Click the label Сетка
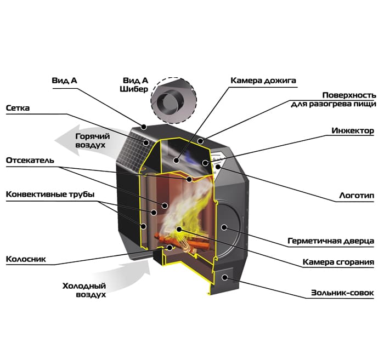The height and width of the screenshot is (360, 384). click(18, 108)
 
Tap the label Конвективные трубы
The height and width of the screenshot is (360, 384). click(50, 195)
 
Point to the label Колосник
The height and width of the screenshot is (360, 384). click(24, 258)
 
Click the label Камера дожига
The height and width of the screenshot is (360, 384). click(263, 81)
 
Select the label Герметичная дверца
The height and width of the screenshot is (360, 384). click(331, 241)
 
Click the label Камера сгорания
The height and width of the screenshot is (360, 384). click(338, 262)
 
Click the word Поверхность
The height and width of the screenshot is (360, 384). click(348, 94)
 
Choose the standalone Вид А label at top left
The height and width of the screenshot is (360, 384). click(64, 81)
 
